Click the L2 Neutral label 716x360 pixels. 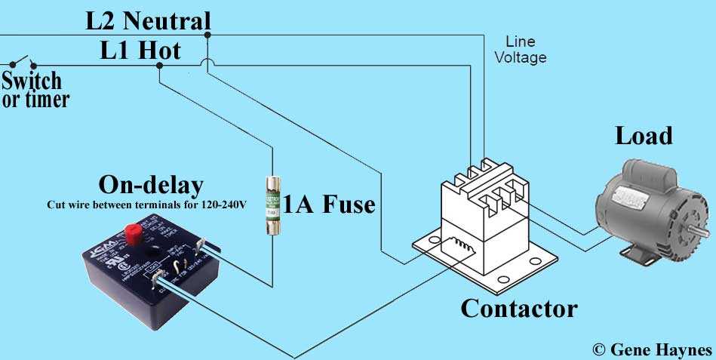coord(148,20)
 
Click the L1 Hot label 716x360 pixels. coord(141,51)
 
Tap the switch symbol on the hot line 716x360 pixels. coord(21,62)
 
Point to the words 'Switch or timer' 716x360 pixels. coord(35,89)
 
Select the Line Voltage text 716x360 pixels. coord(521,50)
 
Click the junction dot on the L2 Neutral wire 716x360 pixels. coord(207,34)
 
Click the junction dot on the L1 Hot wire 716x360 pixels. coord(159,66)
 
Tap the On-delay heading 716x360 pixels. coord(151,186)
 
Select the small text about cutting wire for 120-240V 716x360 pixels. coord(146,205)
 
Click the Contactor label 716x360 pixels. coord(518,308)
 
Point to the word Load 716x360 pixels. coord(643,136)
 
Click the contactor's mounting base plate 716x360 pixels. coord(490,268)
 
